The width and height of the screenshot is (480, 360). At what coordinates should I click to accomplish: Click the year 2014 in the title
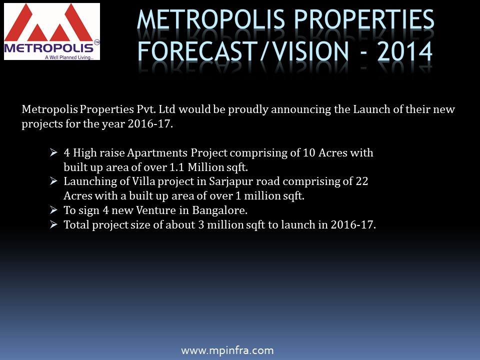[404, 51]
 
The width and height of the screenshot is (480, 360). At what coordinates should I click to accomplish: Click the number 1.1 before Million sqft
[176, 167]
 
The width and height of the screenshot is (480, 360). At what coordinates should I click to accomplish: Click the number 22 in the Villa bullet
[362, 181]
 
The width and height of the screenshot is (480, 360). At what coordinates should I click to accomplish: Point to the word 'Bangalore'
[220, 210]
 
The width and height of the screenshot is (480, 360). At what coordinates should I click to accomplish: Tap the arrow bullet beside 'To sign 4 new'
[53, 210]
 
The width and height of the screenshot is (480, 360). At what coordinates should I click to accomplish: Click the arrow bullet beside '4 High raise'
[53, 152]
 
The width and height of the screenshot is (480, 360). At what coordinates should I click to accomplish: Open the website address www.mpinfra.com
[227, 350]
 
